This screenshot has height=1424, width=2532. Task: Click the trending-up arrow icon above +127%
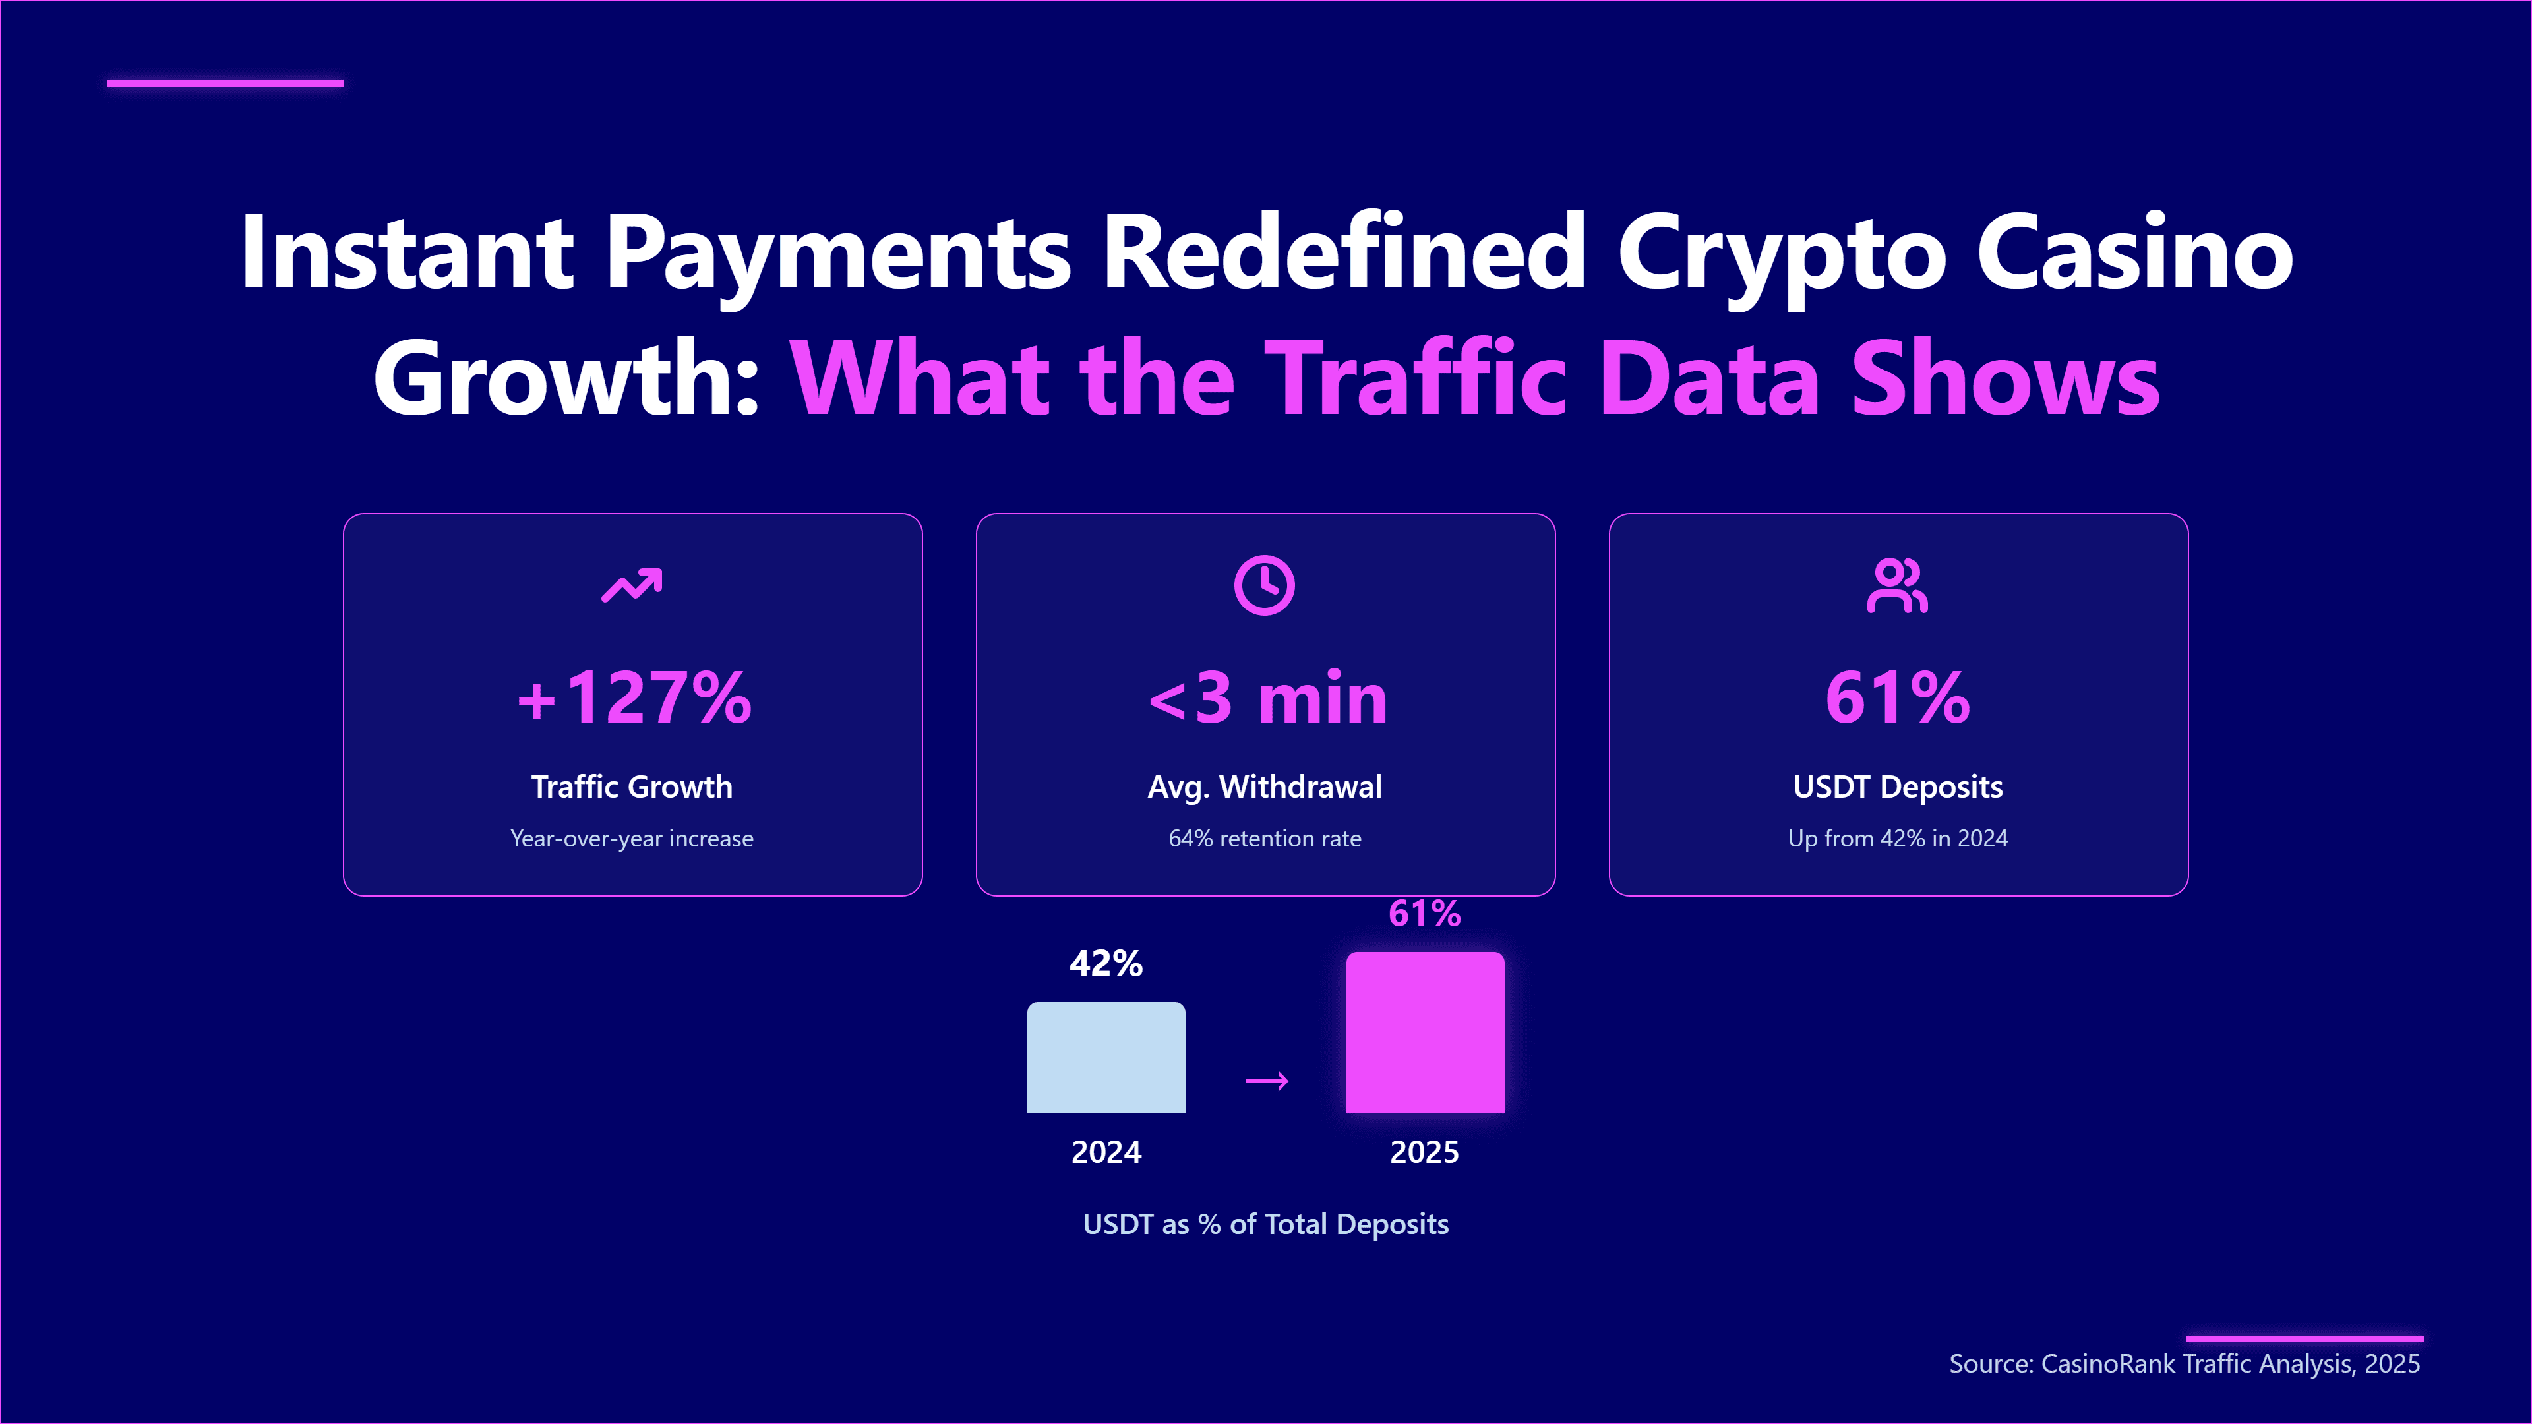pos(632,585)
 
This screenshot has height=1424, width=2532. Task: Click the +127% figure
pos(634,697)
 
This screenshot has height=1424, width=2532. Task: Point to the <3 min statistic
pos(1267,697)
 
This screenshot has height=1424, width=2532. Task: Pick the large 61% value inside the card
pos(1898,697)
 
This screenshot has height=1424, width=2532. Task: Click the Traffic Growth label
pos(632,786)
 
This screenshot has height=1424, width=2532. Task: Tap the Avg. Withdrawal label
pos(1265,786)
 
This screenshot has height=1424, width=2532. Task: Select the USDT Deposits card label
pos(1898,786)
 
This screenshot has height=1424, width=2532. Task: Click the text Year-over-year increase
pos(632,839)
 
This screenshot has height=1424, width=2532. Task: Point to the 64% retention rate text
pos(1265,839)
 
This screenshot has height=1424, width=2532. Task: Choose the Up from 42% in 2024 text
pos(1898,839)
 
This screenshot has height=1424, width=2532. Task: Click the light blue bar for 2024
pos(1106,1057)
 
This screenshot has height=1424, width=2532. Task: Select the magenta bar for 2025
pos(1424,1032)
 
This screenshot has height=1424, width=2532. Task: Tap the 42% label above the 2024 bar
pos(1106,963)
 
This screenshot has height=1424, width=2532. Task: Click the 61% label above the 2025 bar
pos(1424,913)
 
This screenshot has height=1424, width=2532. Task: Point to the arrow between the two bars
pos(1267,1081)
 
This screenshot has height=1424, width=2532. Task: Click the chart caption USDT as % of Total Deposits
pos(1266,1224)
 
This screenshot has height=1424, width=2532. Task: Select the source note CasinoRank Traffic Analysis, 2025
pos(2184,1363)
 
